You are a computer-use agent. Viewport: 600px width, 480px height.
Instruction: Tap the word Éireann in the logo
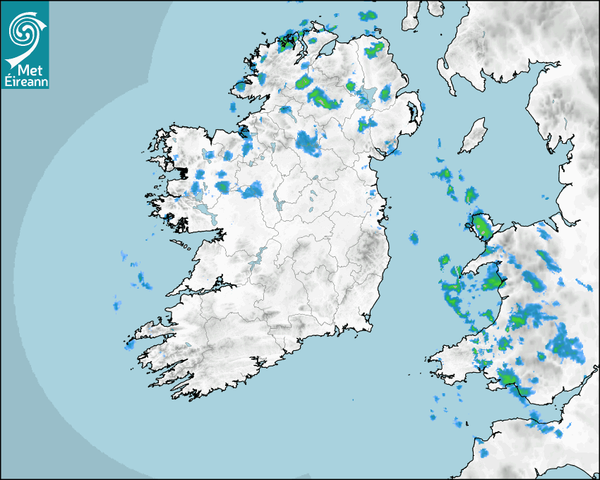coord(25,82)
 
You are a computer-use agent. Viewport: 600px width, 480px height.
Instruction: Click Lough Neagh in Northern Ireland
coord(367,95)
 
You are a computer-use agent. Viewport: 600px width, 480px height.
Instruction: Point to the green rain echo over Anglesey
coord(482,227)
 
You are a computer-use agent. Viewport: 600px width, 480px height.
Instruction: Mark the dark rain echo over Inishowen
coord(287,42)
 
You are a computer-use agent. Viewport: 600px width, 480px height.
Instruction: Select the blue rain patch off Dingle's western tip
coord(129,345)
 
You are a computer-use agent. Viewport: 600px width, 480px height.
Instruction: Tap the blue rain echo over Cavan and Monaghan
coord(308,143)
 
